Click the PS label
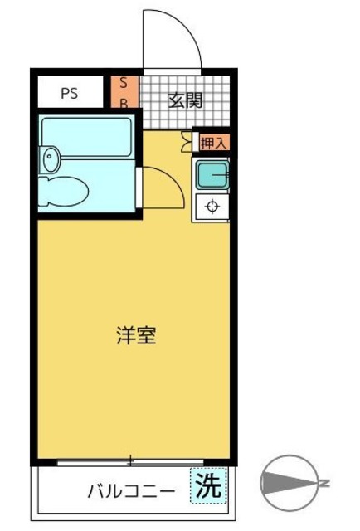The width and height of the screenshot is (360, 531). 69,93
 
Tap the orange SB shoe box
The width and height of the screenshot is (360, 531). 124,92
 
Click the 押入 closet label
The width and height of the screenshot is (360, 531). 212,143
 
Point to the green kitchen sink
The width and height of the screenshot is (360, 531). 212,175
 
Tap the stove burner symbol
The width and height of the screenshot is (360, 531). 212,206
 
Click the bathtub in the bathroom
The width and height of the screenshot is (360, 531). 88,136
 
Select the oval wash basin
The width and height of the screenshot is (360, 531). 50,158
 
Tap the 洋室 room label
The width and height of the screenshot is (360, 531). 135,336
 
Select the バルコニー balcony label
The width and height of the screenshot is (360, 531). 131,491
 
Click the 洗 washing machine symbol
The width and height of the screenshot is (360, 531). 209,487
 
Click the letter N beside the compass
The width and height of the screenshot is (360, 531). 325,483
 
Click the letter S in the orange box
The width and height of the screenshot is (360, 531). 124,83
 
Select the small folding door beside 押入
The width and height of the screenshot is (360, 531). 187,143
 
